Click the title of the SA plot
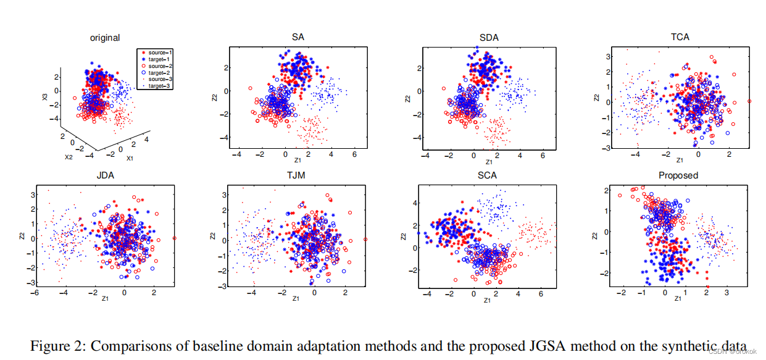click(298, 38)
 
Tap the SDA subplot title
click(488, 38)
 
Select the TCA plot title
click(679, 37)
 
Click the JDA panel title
click(106, 175)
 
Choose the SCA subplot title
click(488, 175)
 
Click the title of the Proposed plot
click(678, 175)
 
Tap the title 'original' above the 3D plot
click(105, 38)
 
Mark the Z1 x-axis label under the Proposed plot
click(678, 299)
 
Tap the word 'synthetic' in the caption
click(694, 346)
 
